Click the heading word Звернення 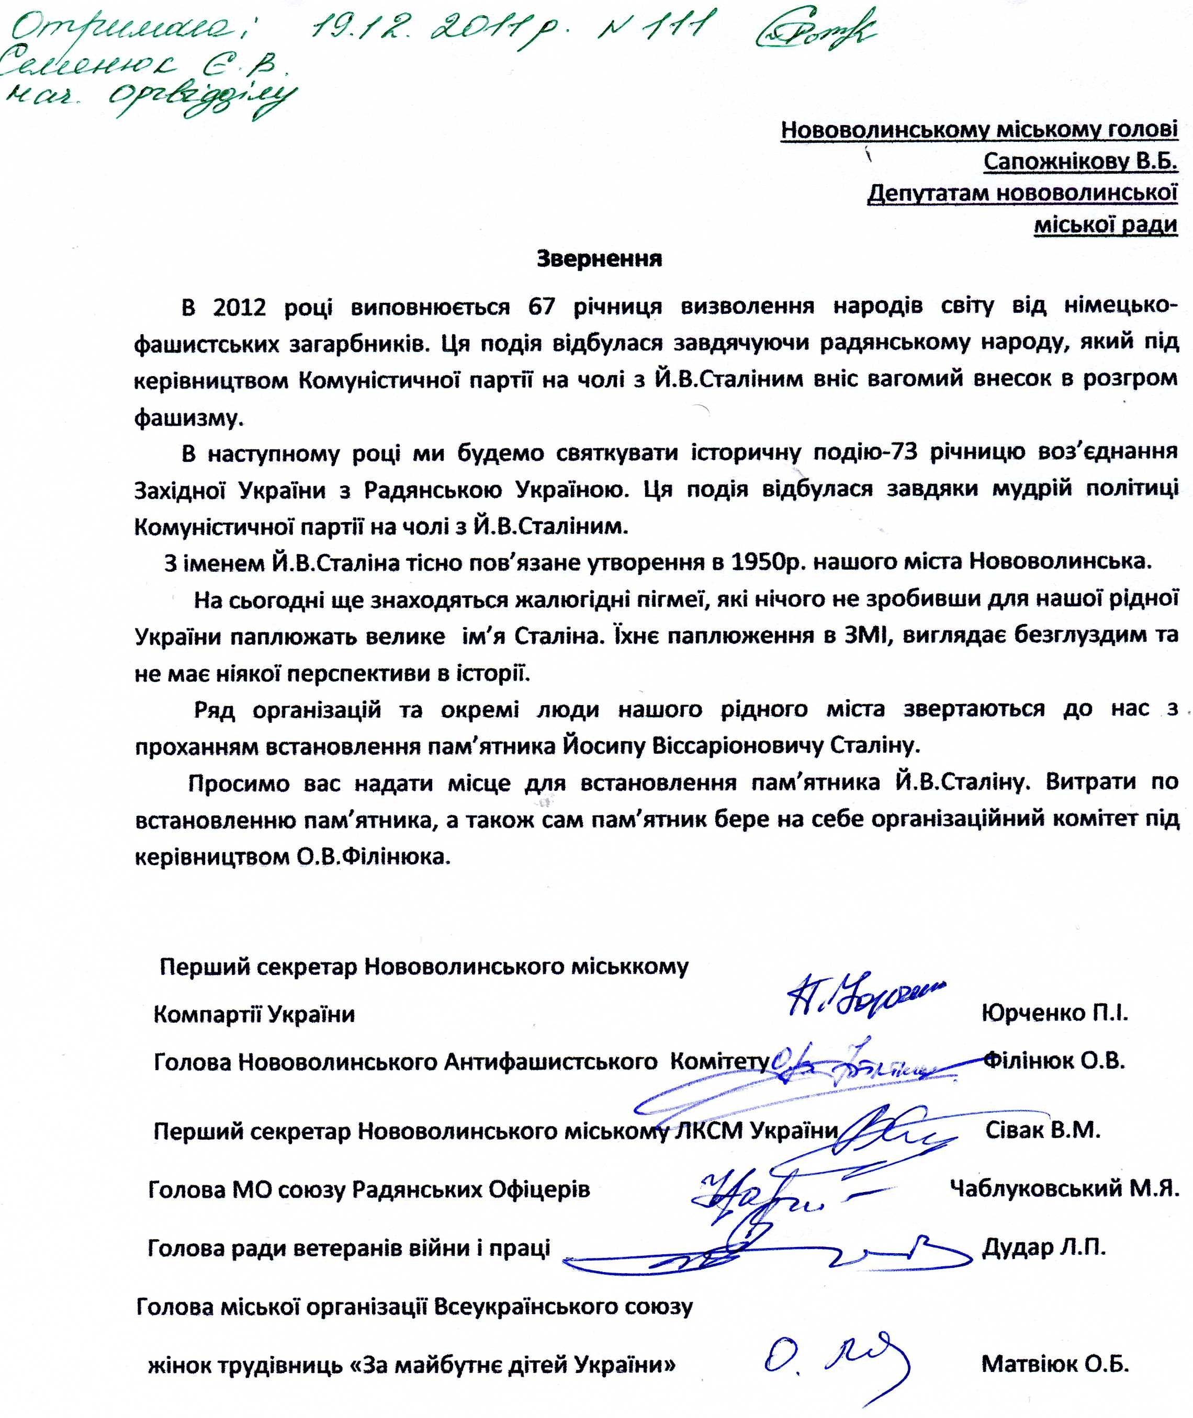pos(599,259)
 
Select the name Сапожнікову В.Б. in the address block pos(1080,161)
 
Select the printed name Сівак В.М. pos(1042,1131)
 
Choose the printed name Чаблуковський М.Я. pos(1064,1189)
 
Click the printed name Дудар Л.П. pos(1043,1247)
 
